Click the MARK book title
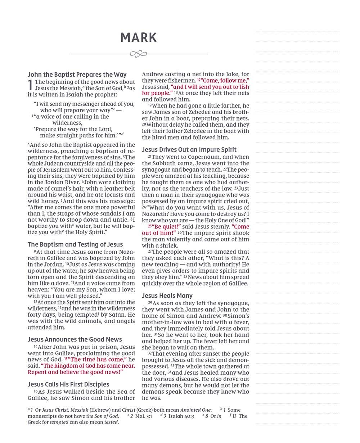click(x=139, y=38)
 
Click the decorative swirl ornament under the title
click(x=138, y=54)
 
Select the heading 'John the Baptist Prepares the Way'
click(x=77, y=75)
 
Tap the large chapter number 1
click(x=31, y=86)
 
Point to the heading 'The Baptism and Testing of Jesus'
click(x=75, y=245)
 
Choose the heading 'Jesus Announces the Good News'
click(x=75, y=340)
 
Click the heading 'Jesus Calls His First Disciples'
click(x=68, y=384)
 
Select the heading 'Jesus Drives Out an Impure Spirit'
click(x=189, y=150)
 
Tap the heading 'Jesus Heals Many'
click(x=167, y=296)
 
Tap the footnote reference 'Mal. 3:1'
click(x=143, y=416)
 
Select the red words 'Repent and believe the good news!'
click(x=76, y=372)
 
